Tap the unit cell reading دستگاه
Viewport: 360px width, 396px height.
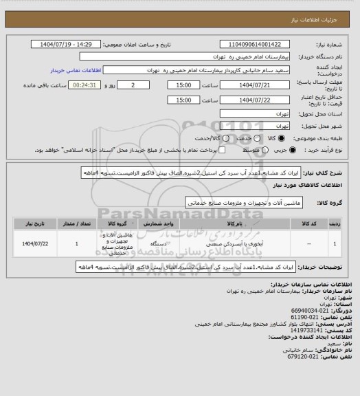tap(146, 243)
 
